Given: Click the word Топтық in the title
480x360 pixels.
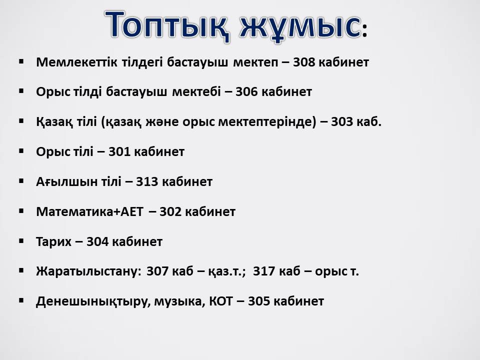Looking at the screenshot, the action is point(167,25).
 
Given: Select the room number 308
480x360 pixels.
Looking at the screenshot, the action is point(304,62).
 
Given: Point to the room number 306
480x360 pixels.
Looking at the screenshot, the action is point(246,92).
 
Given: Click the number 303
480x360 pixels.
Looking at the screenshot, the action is point(342,122).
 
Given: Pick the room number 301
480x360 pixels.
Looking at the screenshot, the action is point(119,152).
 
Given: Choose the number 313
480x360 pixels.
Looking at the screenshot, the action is point(147,182).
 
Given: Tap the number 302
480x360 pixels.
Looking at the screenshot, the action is point(171,212).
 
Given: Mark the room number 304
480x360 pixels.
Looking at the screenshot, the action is point(97,242).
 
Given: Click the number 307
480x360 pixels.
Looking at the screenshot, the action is point(157,271).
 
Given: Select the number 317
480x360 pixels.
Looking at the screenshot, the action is point(264,271).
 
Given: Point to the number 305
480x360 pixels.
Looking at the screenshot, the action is point(259,301).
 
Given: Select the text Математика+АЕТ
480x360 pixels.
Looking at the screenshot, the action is point(89,212).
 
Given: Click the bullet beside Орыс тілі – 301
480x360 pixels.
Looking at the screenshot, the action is point(21,151).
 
